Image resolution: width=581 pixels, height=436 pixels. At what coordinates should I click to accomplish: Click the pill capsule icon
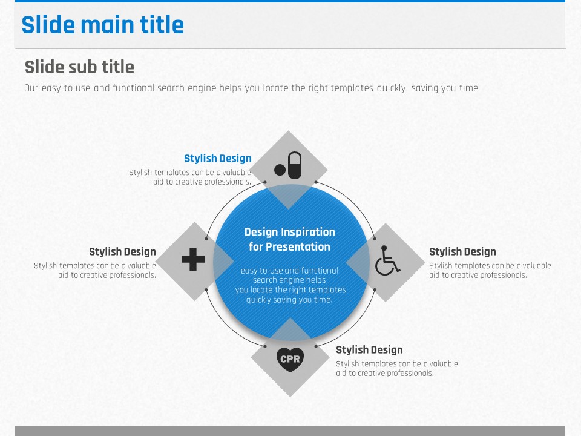point(295,165)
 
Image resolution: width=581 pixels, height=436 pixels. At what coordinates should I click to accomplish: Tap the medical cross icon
point(193,259)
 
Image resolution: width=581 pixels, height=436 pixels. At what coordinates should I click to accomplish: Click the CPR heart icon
point(290,359)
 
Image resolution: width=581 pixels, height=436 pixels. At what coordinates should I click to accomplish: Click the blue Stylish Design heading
point(218,159)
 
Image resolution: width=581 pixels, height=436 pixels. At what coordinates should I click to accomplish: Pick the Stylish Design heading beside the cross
point(122,252)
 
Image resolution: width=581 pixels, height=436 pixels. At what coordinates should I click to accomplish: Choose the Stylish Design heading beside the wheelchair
point(462,252)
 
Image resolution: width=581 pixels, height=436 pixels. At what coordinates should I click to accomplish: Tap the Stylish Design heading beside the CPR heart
point(369,350)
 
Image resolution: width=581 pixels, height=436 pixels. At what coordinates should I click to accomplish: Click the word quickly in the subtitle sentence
point(392,88)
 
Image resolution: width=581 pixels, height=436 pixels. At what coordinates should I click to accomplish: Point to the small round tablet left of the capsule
point(280,170)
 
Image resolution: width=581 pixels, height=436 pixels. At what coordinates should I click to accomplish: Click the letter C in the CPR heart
point(284,359)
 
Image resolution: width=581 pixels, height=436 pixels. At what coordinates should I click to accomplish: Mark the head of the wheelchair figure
point(384,248)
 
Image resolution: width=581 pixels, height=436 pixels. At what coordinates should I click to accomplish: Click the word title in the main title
point(162,25)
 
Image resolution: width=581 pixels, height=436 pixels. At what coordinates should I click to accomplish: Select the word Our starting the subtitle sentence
point(31,88)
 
